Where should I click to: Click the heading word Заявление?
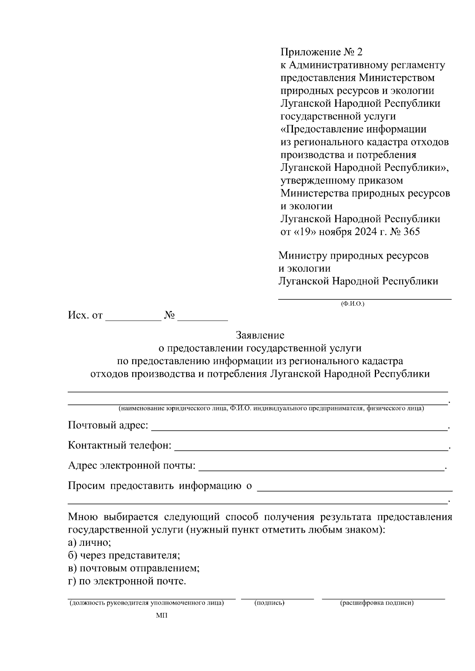pos(260,336)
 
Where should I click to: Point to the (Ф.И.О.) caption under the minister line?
pos(352,304)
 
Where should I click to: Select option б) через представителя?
pos(124,556)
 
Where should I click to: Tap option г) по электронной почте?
pos(127,582)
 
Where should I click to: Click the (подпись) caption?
pos(270,603)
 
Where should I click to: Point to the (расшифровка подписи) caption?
pos(376,603)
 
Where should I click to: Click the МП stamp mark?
pos(162,616)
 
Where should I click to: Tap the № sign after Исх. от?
pos(170,316)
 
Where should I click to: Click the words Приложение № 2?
pos(321,52)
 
